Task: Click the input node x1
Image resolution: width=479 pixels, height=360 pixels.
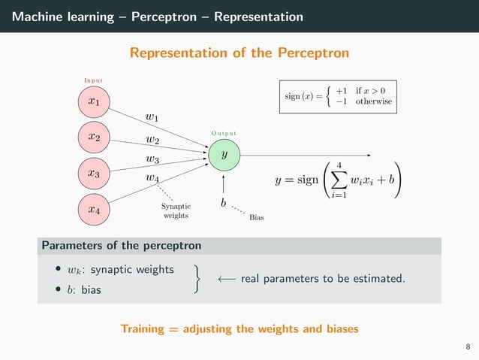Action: pyautogui.click(x=93, y=100)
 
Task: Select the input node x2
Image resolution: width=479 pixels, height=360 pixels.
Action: pyautogui.click(x=93, y=137)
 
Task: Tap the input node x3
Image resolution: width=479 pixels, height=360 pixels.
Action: pyautogui.click(x=93, y=173)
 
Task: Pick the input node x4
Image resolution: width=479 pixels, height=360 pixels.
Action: pyautogui.click(x=93, y=210)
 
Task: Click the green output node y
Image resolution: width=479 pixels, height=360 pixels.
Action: pyautogui.click(x=224, y=154)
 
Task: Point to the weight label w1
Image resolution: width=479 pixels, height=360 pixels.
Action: pyautogui.click(x=152, y=116)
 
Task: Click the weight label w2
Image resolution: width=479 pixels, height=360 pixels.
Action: pyautogui.click(x=152, y=139)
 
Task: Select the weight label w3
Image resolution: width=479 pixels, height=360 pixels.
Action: pyautogui.click(x=152, y=159)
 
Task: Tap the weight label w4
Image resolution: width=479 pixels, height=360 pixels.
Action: pyautogui.click(x=152, y=178)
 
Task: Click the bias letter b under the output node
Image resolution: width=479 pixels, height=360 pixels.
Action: pyautogui.click(x=223, y=203)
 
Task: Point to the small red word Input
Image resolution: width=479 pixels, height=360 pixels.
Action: pyautogui.click(x=93, y=80)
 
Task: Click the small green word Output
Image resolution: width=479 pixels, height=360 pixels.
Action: pyautogui.click(x=224, y=134)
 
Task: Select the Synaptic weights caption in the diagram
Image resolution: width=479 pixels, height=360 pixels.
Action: pyautogui.click(x=176, y=211)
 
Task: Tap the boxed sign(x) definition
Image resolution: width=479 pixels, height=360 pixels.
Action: pyautogui.click(x=337, y=96)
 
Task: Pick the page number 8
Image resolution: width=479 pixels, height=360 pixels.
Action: pyautogui.click(x=468, y=347)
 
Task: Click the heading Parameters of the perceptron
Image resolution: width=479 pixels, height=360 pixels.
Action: pyautogui.click(x=121, y=246)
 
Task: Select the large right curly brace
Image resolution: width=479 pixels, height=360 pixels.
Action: pyautogui.click(x=197, y=278)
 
